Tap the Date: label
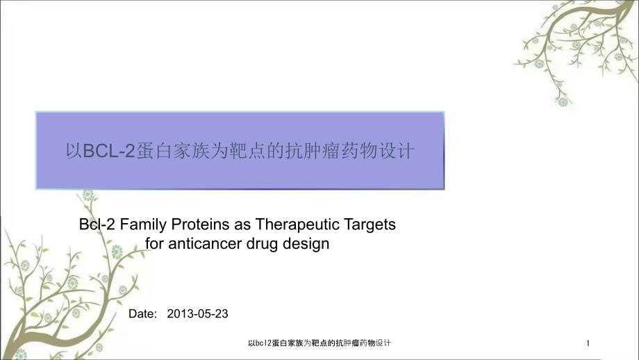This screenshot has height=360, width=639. [142, 313]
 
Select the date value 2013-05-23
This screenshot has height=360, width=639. [198, 313]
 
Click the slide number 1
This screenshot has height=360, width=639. [588, 343]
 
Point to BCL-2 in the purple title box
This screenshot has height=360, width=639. [109, 151]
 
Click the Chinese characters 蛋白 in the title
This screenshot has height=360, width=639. [153, 151]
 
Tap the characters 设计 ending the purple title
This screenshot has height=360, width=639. [397, 151]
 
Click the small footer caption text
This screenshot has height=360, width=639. [319, 343]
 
